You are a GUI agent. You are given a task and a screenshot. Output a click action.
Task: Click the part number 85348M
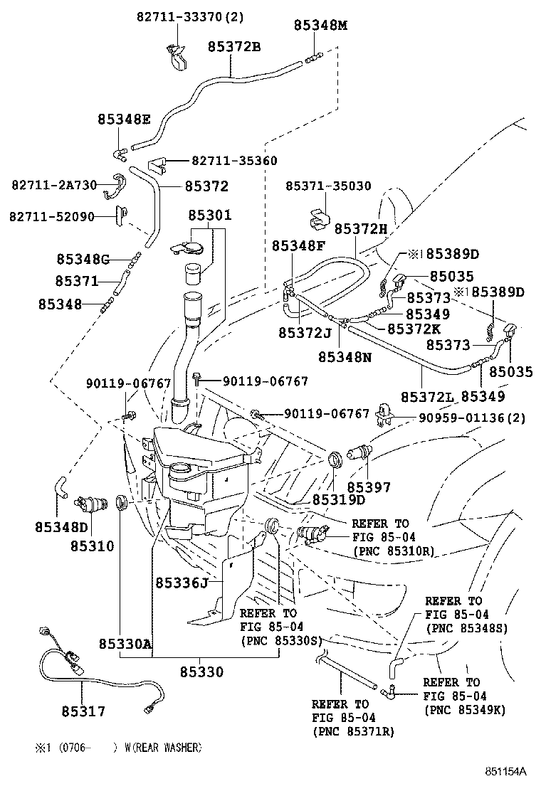coord(320,25)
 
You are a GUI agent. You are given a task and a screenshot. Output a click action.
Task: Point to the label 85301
coord(210,215)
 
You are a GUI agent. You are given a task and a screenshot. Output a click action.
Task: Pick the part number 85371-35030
coord(328,186)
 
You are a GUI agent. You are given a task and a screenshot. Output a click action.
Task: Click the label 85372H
coord(361,228)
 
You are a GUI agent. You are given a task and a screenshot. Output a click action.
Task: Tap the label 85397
coord(369,487)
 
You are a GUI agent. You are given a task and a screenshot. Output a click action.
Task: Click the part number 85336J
coord(182,583)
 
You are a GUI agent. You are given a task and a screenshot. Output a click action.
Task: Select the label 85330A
coord(125,644)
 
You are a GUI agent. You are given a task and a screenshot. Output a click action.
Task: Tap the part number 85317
coord(83,710)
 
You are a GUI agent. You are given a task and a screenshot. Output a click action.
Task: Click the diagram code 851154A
coord(505,773)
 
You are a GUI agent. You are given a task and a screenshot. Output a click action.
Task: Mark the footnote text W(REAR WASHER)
coord(163,748)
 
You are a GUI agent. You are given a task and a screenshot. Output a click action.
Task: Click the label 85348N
coord(345,356)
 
